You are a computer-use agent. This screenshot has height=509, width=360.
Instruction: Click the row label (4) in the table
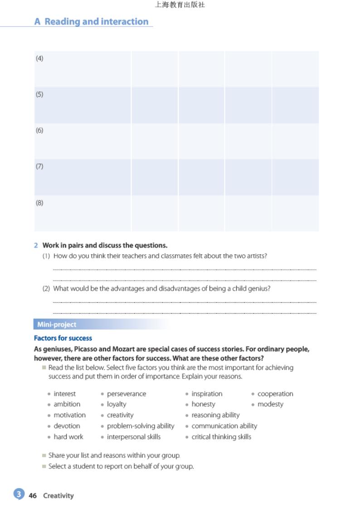pyautogui.click(x=39, y=58)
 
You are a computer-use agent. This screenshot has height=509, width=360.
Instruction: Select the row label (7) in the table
pyautogui.click(x=39, y=166)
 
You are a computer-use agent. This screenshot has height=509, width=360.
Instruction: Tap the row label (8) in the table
pyautogui.click(x=39, y=203)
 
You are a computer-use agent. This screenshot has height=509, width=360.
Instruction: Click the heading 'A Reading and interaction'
pyautogui.click(x=91, y=22)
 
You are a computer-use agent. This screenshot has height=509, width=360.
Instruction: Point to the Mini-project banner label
pyautogui.click(x=57, y=325)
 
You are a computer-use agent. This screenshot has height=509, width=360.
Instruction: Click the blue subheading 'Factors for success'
pyautogui.click(x=63, y=338)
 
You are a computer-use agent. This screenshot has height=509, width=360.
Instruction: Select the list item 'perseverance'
pyautogui.click(x=126, y=394)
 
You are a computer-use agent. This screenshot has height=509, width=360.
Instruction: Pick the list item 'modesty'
pyautogui.click(x=270, y=404)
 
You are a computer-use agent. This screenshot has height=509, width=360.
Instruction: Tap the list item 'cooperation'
pyautogui.click(x=275, y=394)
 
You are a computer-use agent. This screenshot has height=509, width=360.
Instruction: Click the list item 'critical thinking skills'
pyautogui.click(x=221, y=437)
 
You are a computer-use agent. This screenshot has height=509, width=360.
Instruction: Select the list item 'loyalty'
pyautogui.click(x=117, y=404)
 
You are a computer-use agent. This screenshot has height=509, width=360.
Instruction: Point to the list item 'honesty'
pyautogui.click(x=203, y=404)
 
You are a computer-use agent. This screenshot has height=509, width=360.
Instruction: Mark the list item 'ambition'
pyautogui.click(x=67, y=404)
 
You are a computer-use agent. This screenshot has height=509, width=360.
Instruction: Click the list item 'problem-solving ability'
pyautogui.click(x=141, y=426)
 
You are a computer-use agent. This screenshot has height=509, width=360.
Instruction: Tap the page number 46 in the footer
pyautogui.click(x=33, y=496)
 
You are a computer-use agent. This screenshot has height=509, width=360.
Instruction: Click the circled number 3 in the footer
pyautogui.click(x=19, y=494)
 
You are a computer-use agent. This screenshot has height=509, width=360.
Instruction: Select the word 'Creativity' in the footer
pyautogui.click(x=58, y=496)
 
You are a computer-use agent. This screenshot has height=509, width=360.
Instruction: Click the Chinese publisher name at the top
pyautogui.click(x=180, y=5)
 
